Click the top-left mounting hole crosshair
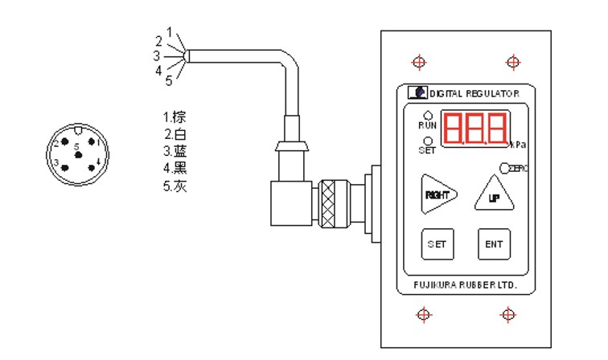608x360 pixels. coord(418,62)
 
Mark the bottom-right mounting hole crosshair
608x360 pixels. coord(512,316)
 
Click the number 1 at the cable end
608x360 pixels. coord(170,31)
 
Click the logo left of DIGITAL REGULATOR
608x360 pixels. coord(414,92)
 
